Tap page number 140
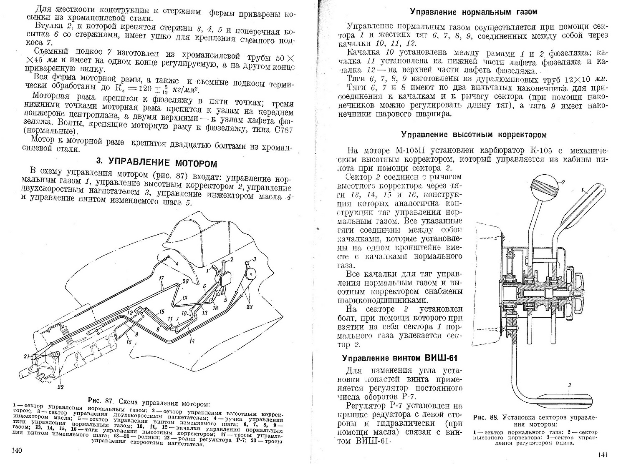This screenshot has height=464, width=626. (17, 450)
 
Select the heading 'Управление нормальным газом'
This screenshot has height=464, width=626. (473, 12)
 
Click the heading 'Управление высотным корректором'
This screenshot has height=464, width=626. (474, 135)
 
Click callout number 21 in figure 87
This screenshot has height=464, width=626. (27, 356)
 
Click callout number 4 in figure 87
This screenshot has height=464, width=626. (177, 263)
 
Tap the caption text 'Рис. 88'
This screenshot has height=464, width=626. (486, 417)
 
